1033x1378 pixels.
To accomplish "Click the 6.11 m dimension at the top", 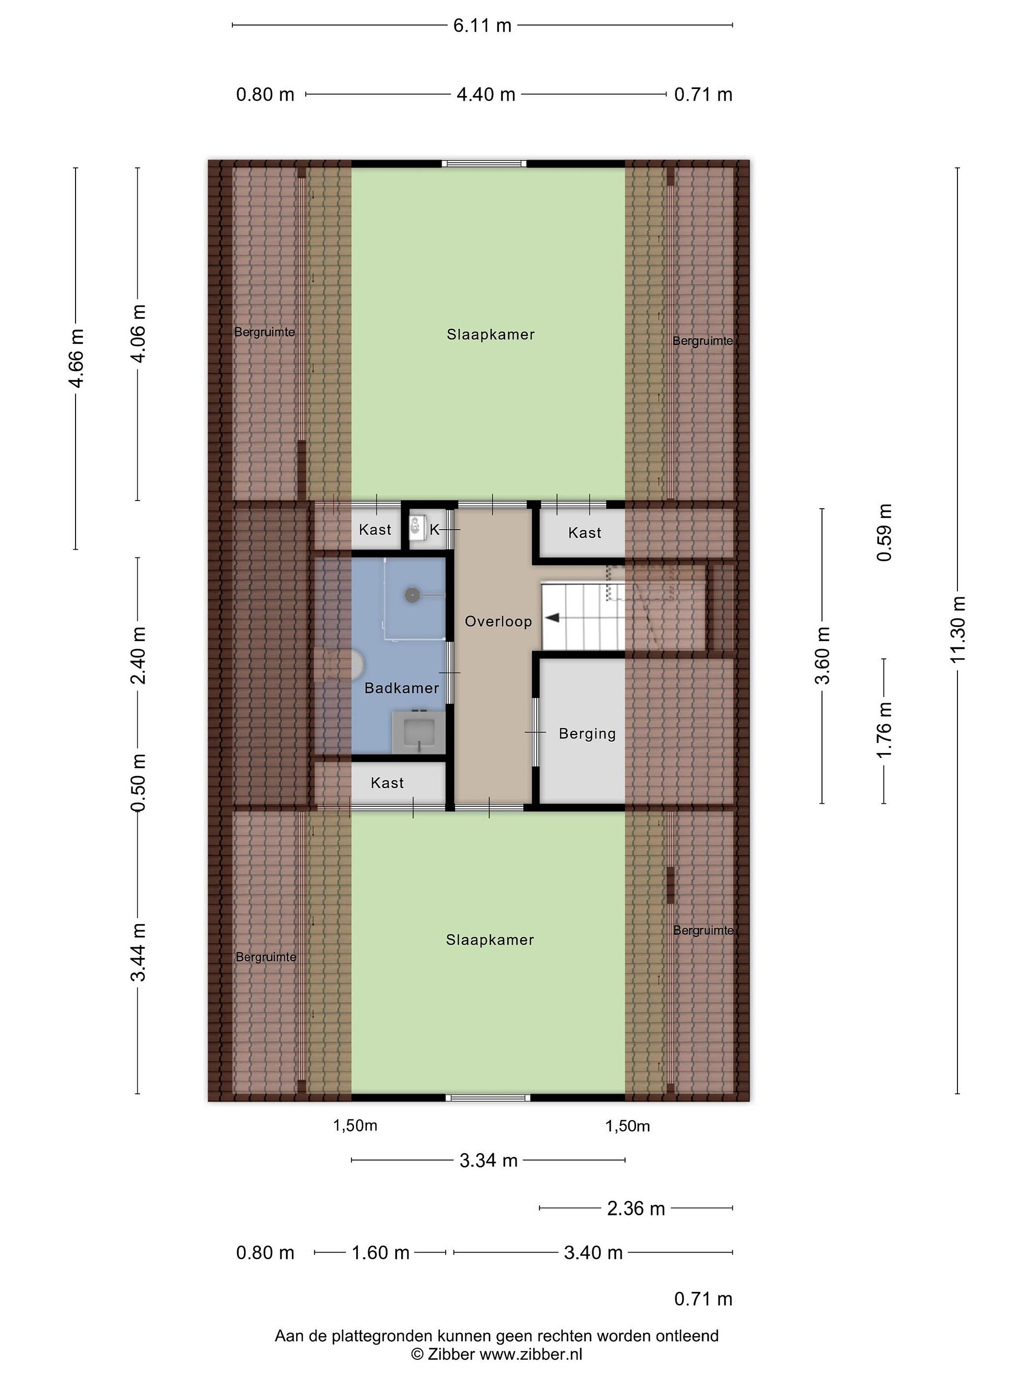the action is point(482,25).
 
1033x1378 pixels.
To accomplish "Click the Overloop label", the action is point(498,621).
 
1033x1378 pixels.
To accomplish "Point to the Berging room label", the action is point(587,734).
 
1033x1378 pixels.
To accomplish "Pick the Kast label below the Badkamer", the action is point(387,783).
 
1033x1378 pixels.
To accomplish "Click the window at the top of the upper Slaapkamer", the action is point(484,164).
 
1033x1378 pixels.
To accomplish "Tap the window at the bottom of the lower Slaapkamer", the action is point(488,1098).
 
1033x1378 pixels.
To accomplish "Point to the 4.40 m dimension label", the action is point(486,95).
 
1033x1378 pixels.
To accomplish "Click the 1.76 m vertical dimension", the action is point(884,730).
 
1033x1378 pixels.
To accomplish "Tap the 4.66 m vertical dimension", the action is point(76,358).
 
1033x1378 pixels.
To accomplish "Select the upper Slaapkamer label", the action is point(491,334).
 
